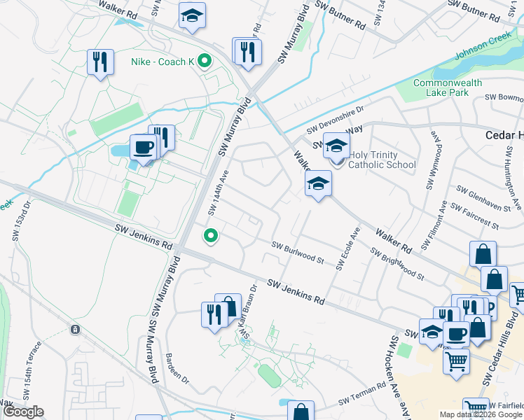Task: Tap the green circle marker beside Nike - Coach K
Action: tap(204, 62)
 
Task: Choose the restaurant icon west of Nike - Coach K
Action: tap(100, 62)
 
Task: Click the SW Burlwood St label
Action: tap(298, 253)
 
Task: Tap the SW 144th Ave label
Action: tap(219, 191)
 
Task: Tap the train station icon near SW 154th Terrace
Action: tap(75, 329)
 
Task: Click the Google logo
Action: tap(23, 412)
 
